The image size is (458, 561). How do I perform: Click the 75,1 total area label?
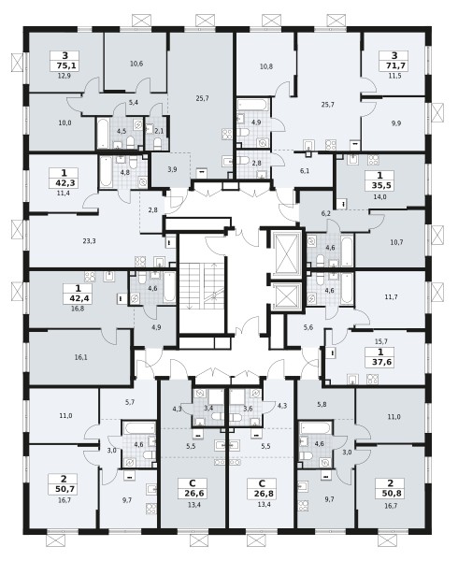click(64, 65)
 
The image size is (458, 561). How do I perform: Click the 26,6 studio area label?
click(193, 494)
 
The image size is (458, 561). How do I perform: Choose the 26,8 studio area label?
click(262, 494)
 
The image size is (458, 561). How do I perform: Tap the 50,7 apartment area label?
click(64, 489)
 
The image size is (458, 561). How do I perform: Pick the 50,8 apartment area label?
click(390, 494)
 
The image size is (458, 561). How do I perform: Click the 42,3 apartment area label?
click(64, 183)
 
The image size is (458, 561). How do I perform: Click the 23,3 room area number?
click(89, 241)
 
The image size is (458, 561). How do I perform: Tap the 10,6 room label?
click(136, 64)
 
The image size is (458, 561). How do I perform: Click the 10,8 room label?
click(266, 66)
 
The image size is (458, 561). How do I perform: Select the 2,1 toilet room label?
click(159, 131)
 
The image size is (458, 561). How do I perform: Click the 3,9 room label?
click(172, 169)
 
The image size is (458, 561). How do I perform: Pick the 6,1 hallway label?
click(305, 171)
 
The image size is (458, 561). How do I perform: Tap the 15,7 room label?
click(381, 341)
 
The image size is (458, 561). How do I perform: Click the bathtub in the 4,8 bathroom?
click(106, 172)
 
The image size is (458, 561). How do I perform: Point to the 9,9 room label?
click(395, 123)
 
